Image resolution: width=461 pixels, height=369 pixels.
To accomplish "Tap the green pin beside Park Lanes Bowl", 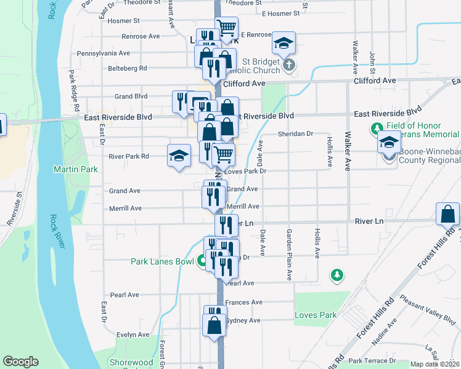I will coord(201,261).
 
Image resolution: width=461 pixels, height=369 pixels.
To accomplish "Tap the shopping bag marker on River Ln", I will coord(447,215).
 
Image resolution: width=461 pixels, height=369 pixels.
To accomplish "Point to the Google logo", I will coord(21,362).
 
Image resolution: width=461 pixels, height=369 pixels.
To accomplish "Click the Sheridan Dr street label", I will coord(296,133).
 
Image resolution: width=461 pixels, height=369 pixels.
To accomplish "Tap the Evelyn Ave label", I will coord(133,335).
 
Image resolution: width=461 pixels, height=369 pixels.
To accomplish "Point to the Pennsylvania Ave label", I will coord(104,53).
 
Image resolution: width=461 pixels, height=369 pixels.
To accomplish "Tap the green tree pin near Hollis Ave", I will coord(336,274).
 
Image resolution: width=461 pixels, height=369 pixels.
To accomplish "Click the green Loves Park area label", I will coord(316,315).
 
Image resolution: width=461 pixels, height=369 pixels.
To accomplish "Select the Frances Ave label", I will coord(244,303).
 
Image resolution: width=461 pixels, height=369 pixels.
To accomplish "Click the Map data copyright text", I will coord(434,364).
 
